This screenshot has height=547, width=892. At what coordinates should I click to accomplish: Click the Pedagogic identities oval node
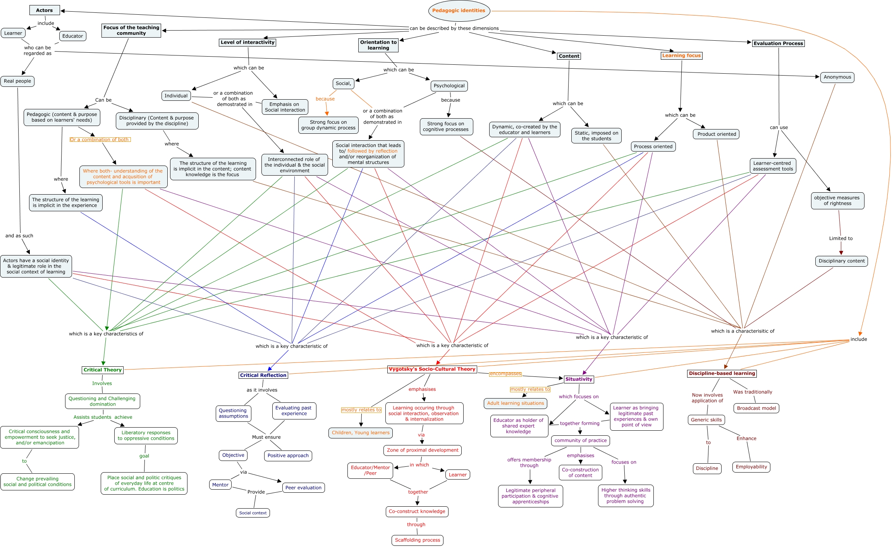pyautogui.click(x=459, y=11)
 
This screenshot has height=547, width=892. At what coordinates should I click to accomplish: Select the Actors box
pyautogui.click(x=45, y=10)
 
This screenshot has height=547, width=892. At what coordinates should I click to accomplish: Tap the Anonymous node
pyautogui.click(x=837, y=77)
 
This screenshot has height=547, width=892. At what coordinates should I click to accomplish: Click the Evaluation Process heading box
pyautogui.click(x=778, y=43)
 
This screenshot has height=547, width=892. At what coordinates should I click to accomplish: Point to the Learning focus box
pyautogui.click(x=681, y=55)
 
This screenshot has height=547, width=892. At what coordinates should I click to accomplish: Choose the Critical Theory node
pyautogui.click(x=103, y=370)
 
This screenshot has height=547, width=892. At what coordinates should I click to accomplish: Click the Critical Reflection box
pyautogui.click(x=263, y=375)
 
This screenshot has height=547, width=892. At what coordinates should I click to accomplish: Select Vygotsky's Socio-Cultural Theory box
pyautogui.click(x=432, y=369)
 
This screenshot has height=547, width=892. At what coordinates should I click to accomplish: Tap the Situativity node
pyautogui.click(x=579, y=379)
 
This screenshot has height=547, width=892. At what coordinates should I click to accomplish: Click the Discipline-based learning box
pyautogui.click(x=722, y=373)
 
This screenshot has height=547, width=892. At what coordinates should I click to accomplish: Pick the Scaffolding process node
pyautogui.click(x=418, y=540)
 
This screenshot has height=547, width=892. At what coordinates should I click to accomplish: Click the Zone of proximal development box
pyautogui.click(x=423, y=450)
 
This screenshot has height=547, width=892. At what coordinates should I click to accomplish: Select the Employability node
pyautogui.click(x=751, y=467)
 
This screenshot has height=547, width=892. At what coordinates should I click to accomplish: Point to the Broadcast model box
pyautogui.click(x=756, y=408)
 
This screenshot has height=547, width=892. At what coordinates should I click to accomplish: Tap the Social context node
pyautogui.click(x=253, y=513)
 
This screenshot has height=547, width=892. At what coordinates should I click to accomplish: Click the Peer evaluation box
pyautogui.click(x=303, y=488)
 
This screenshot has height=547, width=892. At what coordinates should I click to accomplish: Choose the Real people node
pyautogui.click(x=17, y=81)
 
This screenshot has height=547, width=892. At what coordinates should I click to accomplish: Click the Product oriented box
pyautogui.click(x=717, y=134)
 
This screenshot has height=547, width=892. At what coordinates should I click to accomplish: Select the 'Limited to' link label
pyautogui.click(x=841, y=238)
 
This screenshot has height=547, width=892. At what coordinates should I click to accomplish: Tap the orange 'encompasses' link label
pyautogui.click(x=505, y=374)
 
